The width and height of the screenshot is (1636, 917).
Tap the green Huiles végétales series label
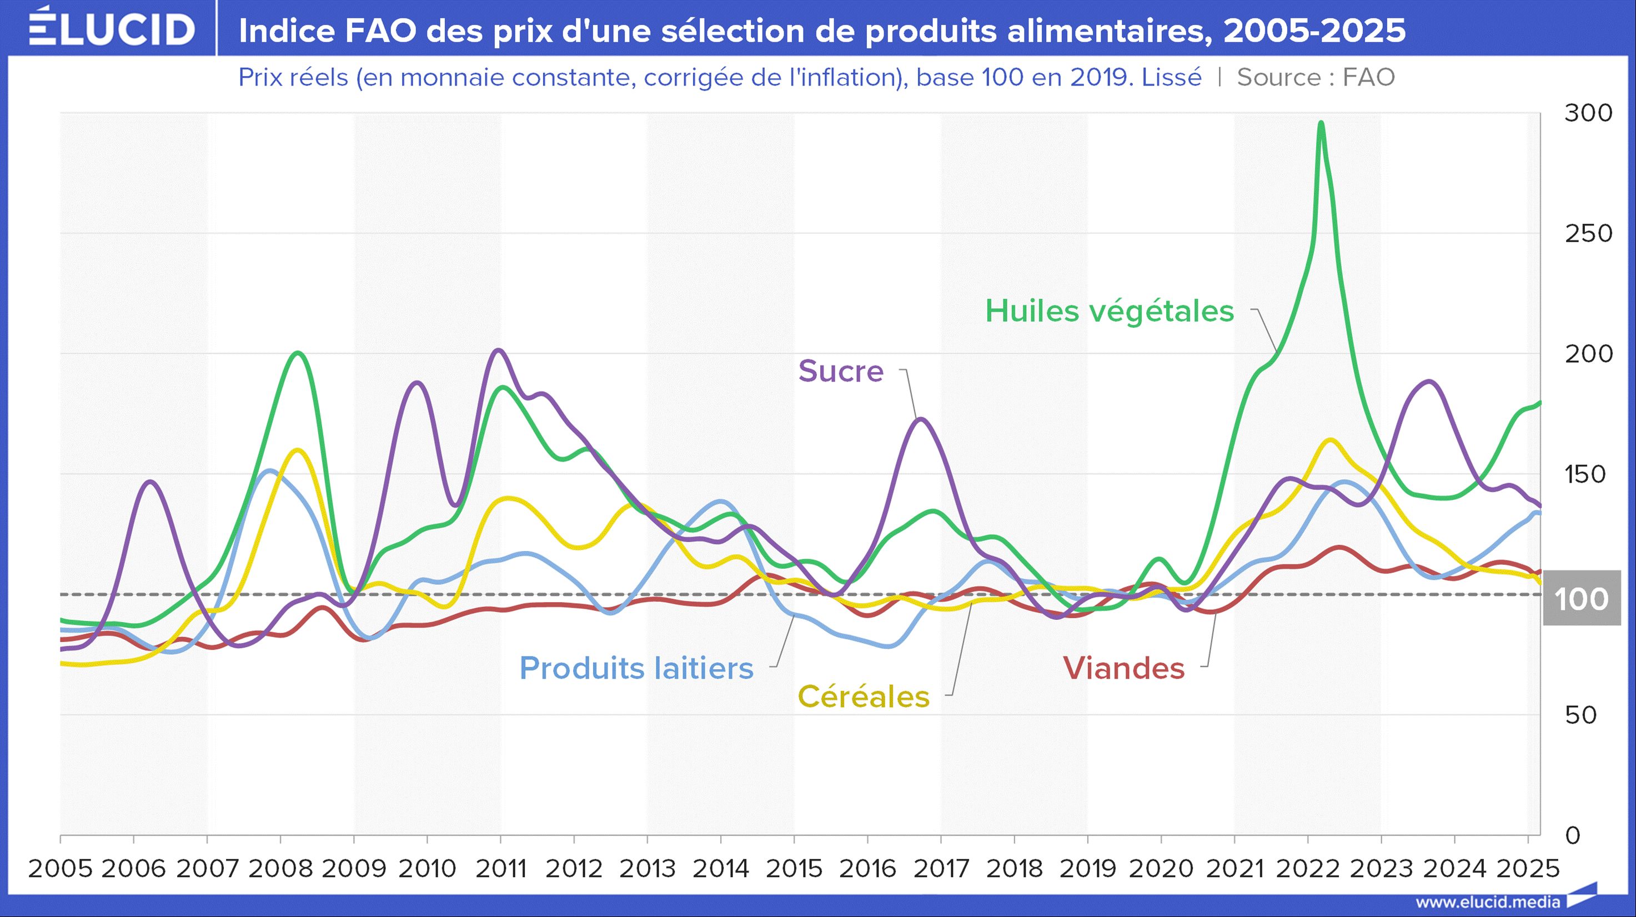1110,311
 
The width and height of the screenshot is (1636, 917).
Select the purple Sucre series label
841,371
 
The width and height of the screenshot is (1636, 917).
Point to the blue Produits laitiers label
636,668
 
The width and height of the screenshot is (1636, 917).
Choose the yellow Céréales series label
864,696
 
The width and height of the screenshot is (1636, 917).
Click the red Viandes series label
1124,668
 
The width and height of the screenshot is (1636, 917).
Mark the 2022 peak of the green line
1321,123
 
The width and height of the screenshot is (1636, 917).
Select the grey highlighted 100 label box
1582,598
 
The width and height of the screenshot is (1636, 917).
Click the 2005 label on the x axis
61,868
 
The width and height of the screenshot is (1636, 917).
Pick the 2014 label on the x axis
721,868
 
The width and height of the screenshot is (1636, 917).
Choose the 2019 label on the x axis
1088,868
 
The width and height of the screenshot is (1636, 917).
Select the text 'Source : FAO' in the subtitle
1316,77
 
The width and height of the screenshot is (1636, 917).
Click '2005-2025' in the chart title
1314,31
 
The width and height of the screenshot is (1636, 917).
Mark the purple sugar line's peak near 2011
499,350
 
